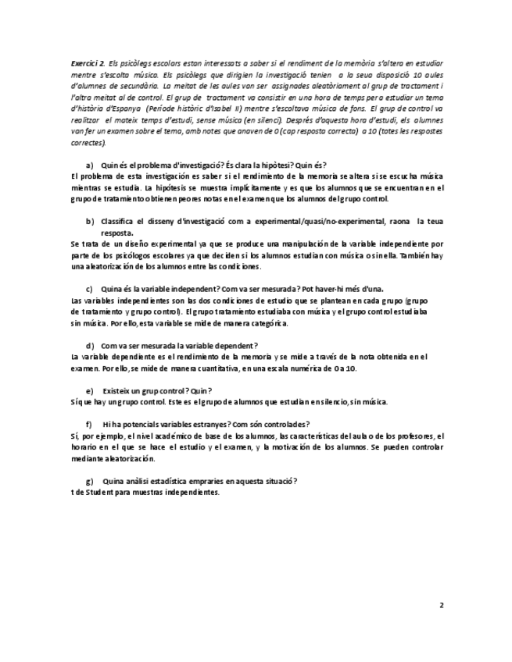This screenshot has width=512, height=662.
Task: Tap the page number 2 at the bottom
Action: click(441, 604)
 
